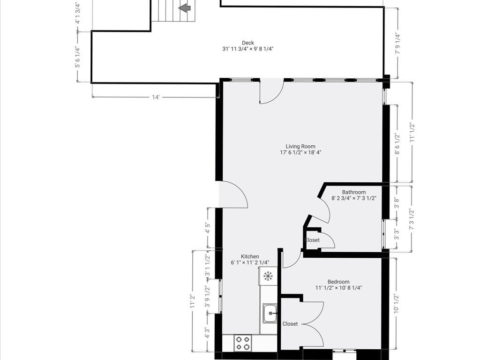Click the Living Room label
click(300, 146)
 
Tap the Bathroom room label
click(353, 192)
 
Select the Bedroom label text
click(338, 282)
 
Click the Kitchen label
click(250, 256)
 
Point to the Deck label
click(248, 43)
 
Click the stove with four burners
click(242, 343)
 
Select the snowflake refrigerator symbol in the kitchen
click(268, 276)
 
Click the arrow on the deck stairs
click(184, 7)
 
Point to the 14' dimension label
click(156, 97)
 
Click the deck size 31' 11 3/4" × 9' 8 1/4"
click(248, 49)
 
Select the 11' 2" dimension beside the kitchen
click(192, 300)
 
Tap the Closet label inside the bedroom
click(290, 324)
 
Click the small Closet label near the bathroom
click(312, 240)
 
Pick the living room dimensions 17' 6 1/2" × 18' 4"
click(300, 152)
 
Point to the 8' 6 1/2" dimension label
click(397, 144)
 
